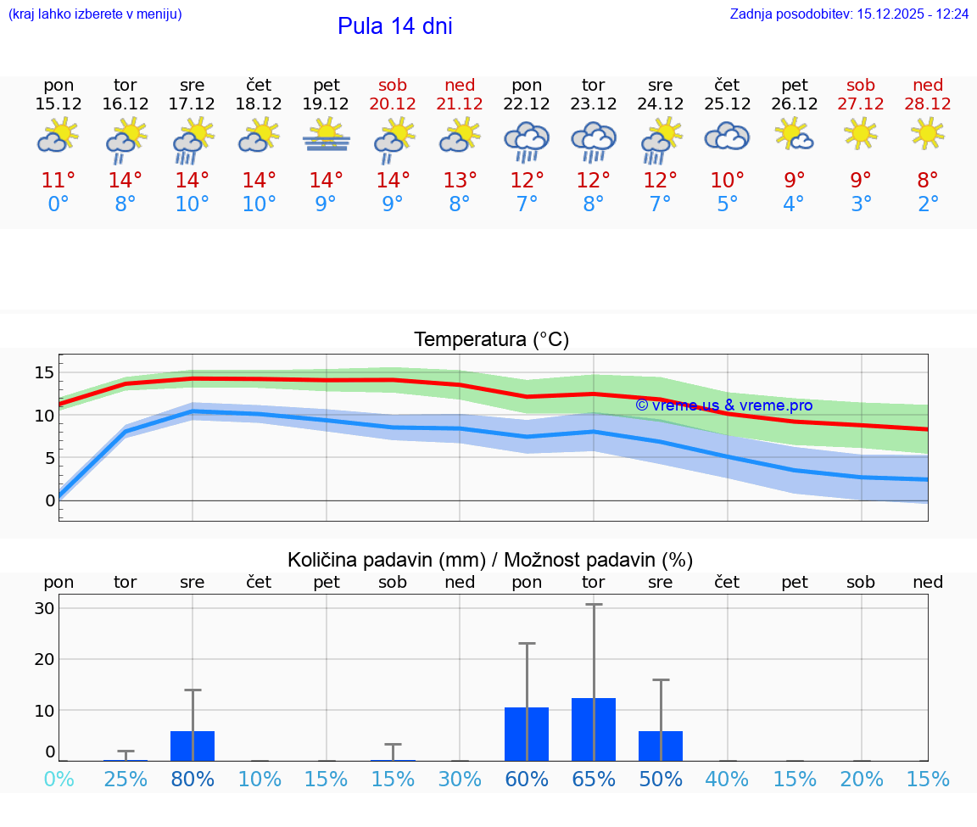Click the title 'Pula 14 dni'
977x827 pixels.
(394, 26)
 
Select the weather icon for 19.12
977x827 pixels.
(327, 135)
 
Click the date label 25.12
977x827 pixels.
(727, 104)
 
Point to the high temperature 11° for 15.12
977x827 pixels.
(59, 180)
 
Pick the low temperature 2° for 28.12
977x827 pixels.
(928, 204)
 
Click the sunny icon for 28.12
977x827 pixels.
(928, 133)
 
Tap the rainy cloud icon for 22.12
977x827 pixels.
(527, 141)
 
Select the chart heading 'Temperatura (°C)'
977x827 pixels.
(491, 340)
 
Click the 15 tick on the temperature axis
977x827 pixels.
(45, 372)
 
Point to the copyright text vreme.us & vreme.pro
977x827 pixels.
(723, 405)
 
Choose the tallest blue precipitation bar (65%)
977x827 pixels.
(594, 729)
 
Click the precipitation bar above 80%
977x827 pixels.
(193, 746)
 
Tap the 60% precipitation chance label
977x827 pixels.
(527, 780)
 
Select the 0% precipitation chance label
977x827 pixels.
(59, 780)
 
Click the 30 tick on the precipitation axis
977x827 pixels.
(45, 608)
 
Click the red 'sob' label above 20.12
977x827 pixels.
(393, 85)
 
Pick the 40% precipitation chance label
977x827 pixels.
(727, 780)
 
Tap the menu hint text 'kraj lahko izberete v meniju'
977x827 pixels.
(95, 14)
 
